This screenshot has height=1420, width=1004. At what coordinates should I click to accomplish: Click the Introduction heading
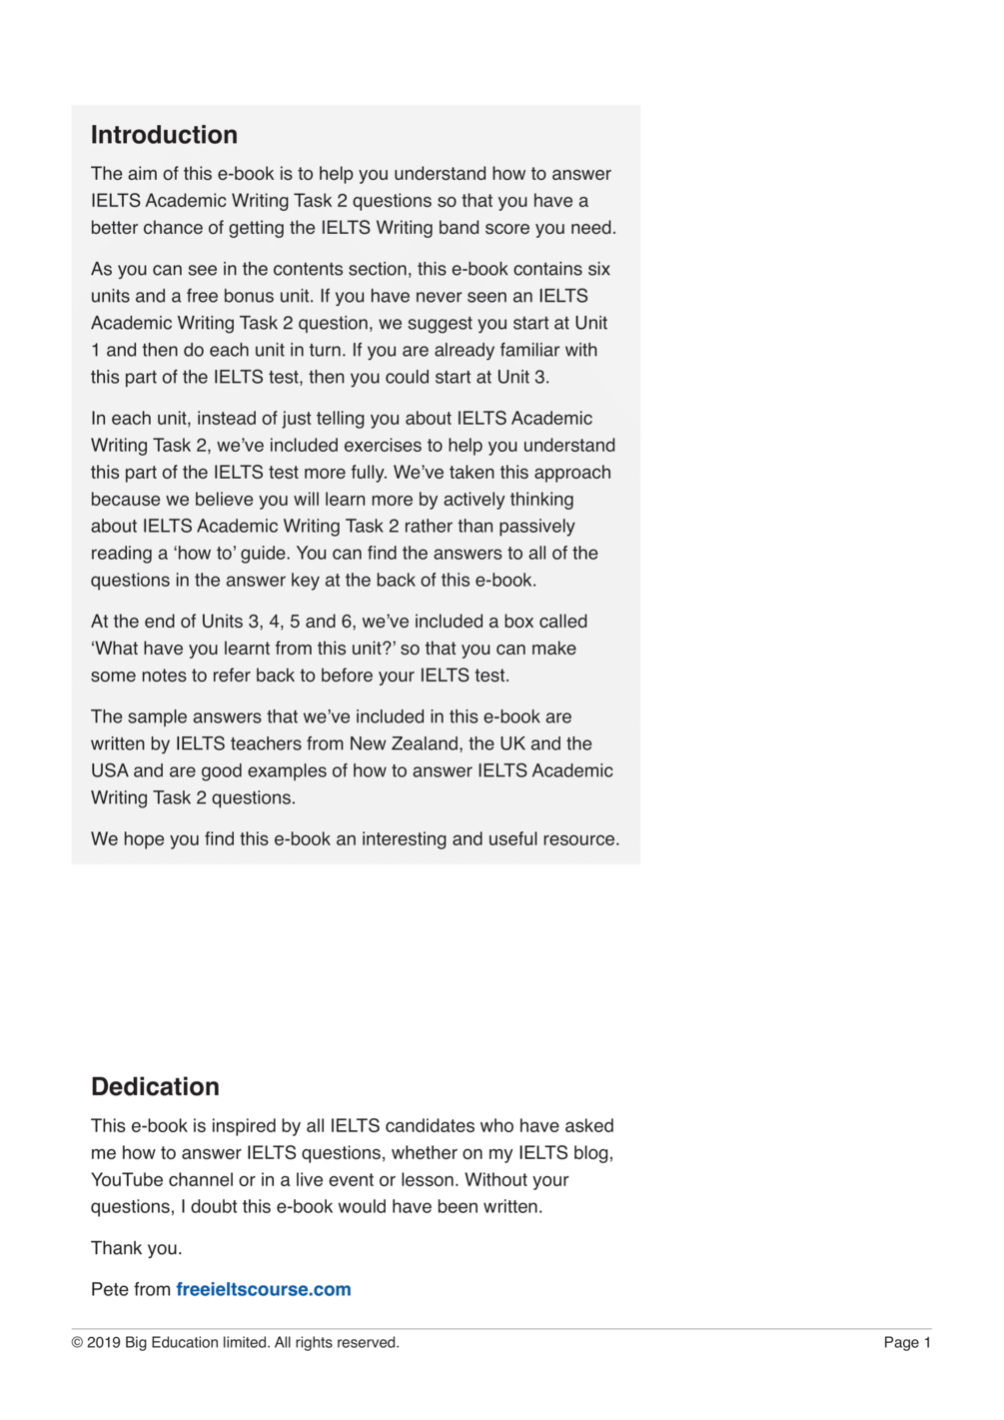[x=164, y=135]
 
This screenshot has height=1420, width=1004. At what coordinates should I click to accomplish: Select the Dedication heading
[x=155, y=1086]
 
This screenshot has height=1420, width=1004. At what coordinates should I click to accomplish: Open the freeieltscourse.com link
[x=264, y=1289]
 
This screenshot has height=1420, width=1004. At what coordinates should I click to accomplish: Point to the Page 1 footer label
[x=906, y=1342]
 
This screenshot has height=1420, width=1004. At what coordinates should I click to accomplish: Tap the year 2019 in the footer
[x=103, y=1342]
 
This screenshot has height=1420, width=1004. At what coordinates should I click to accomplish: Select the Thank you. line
[x=136, y=1248]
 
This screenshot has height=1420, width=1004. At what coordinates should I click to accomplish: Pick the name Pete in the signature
[x=110, y=1289]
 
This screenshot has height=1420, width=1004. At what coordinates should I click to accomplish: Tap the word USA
[x=110, y=770]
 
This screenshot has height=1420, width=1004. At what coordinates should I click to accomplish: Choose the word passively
[x=532, y=526]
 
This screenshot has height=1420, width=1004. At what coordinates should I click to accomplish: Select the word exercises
[x=385, y=445]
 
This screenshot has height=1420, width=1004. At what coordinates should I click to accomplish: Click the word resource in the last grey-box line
[x=578, y=838]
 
